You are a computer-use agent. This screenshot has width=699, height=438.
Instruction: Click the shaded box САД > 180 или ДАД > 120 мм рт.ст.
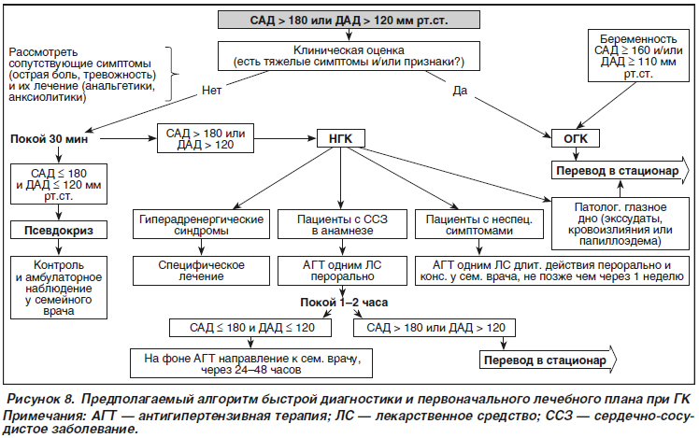coord(349,20)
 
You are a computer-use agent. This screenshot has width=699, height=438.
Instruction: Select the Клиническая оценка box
coord(349,56)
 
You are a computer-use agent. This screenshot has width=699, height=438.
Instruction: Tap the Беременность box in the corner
coord(638,56)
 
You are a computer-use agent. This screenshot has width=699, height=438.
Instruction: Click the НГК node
coord(340,138)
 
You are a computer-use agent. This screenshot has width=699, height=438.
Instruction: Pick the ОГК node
coord(576,138)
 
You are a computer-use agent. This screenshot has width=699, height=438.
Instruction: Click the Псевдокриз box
coord(59,231)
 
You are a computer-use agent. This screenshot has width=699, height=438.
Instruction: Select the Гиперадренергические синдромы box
coord(201,224)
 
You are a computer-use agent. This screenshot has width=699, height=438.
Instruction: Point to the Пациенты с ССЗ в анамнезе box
coord(342,224)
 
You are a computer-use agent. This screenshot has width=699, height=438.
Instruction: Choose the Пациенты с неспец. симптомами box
coord(479,224)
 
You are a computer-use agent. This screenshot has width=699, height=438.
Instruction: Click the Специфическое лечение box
coord(201,271)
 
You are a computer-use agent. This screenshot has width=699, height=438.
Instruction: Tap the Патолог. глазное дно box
coord(621,224)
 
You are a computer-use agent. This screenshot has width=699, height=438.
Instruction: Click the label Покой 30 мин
coord(49,139)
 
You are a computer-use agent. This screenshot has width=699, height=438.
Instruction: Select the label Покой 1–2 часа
coord(344,303)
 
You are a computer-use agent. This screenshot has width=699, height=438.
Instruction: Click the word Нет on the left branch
coord(211,91)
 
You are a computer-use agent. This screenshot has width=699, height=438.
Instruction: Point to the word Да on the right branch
coord(460,91)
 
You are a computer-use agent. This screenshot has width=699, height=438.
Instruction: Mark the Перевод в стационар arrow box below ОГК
coord(620,171)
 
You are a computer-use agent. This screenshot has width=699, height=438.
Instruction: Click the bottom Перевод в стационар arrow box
coord(548,360)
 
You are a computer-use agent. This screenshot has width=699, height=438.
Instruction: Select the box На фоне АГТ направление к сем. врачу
coord(251,363)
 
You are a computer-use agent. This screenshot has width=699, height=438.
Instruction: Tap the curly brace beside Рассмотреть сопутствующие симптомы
coord(172,74)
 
